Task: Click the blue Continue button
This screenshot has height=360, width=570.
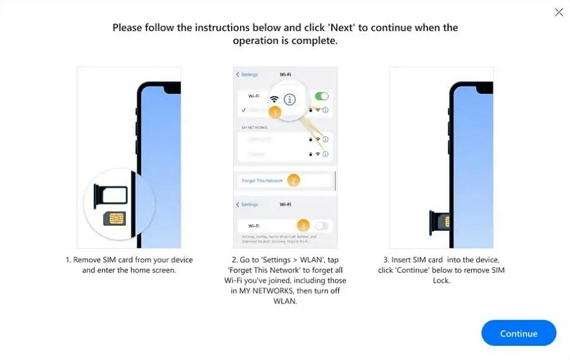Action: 518,333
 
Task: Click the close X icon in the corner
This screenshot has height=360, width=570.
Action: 559,12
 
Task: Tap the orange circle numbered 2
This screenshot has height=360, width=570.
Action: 293,181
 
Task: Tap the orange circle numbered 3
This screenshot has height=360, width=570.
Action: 303,225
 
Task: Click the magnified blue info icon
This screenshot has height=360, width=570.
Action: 290,100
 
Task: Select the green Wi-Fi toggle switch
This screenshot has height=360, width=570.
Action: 322,96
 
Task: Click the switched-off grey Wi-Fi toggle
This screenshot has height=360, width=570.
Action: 322,226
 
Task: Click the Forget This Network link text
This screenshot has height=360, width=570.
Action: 262,181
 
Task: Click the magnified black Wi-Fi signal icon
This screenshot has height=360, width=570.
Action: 274,99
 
